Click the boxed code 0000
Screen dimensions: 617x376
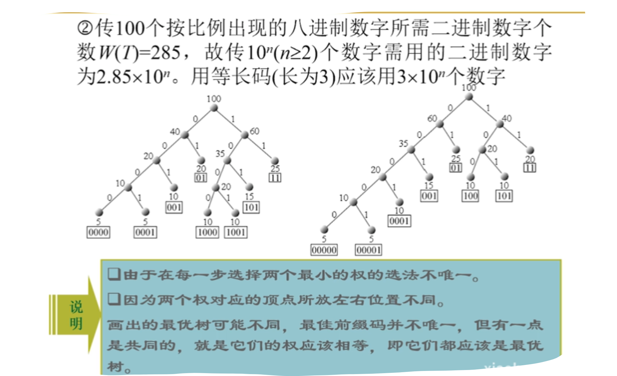pos(99,233)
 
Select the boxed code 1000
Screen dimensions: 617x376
pos(207,233)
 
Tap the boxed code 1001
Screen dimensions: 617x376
pos(236,233)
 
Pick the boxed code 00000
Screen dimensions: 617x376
pos(324,250)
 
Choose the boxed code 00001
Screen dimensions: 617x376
pos(368,250)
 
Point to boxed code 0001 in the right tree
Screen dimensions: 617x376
pos(399,221)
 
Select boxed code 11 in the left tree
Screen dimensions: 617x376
pos(275,178)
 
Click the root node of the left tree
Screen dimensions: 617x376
pos(214,108)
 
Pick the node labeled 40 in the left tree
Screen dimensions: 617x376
pos(185,135)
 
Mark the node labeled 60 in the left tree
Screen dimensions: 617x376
pos(245,135)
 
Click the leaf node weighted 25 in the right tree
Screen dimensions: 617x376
pos(456,150)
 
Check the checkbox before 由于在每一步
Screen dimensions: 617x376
pos(114,275)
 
